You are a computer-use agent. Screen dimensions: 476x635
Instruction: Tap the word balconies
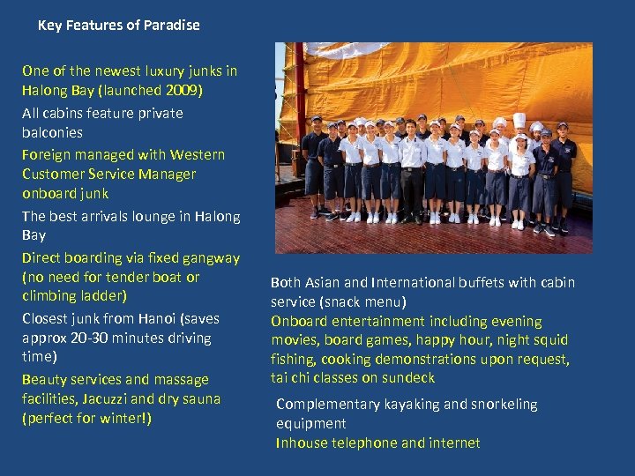(x=52, y=132)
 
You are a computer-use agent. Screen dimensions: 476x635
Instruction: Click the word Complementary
(x=328, y=405)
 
